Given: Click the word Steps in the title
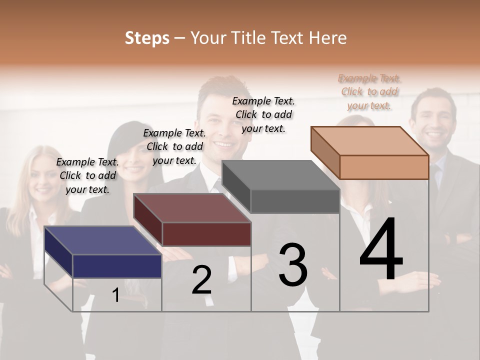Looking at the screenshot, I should pos(147,38).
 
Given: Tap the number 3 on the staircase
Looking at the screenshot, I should pos(292,265).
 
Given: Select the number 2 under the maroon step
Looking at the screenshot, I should pos(201,280).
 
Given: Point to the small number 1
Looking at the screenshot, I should pos(115,295).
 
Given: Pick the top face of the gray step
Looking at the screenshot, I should pos(280,175).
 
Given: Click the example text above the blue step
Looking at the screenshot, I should pos(88,175).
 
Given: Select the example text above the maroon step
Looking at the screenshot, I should pos(174,146).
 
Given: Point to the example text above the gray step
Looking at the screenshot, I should pos(263,114).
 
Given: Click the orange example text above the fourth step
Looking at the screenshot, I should pos(369,91).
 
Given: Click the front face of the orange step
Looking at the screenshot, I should pos(384,167).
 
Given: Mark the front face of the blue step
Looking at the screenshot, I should pos(117,266).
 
